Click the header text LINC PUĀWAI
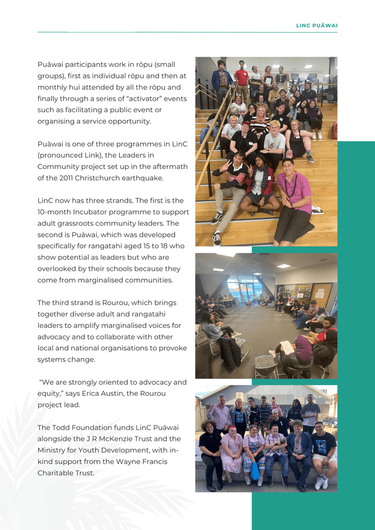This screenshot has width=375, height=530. tap(317, 25)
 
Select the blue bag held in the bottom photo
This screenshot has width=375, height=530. tap(256, 470)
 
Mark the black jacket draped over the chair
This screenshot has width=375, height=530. tap(229, 353)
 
